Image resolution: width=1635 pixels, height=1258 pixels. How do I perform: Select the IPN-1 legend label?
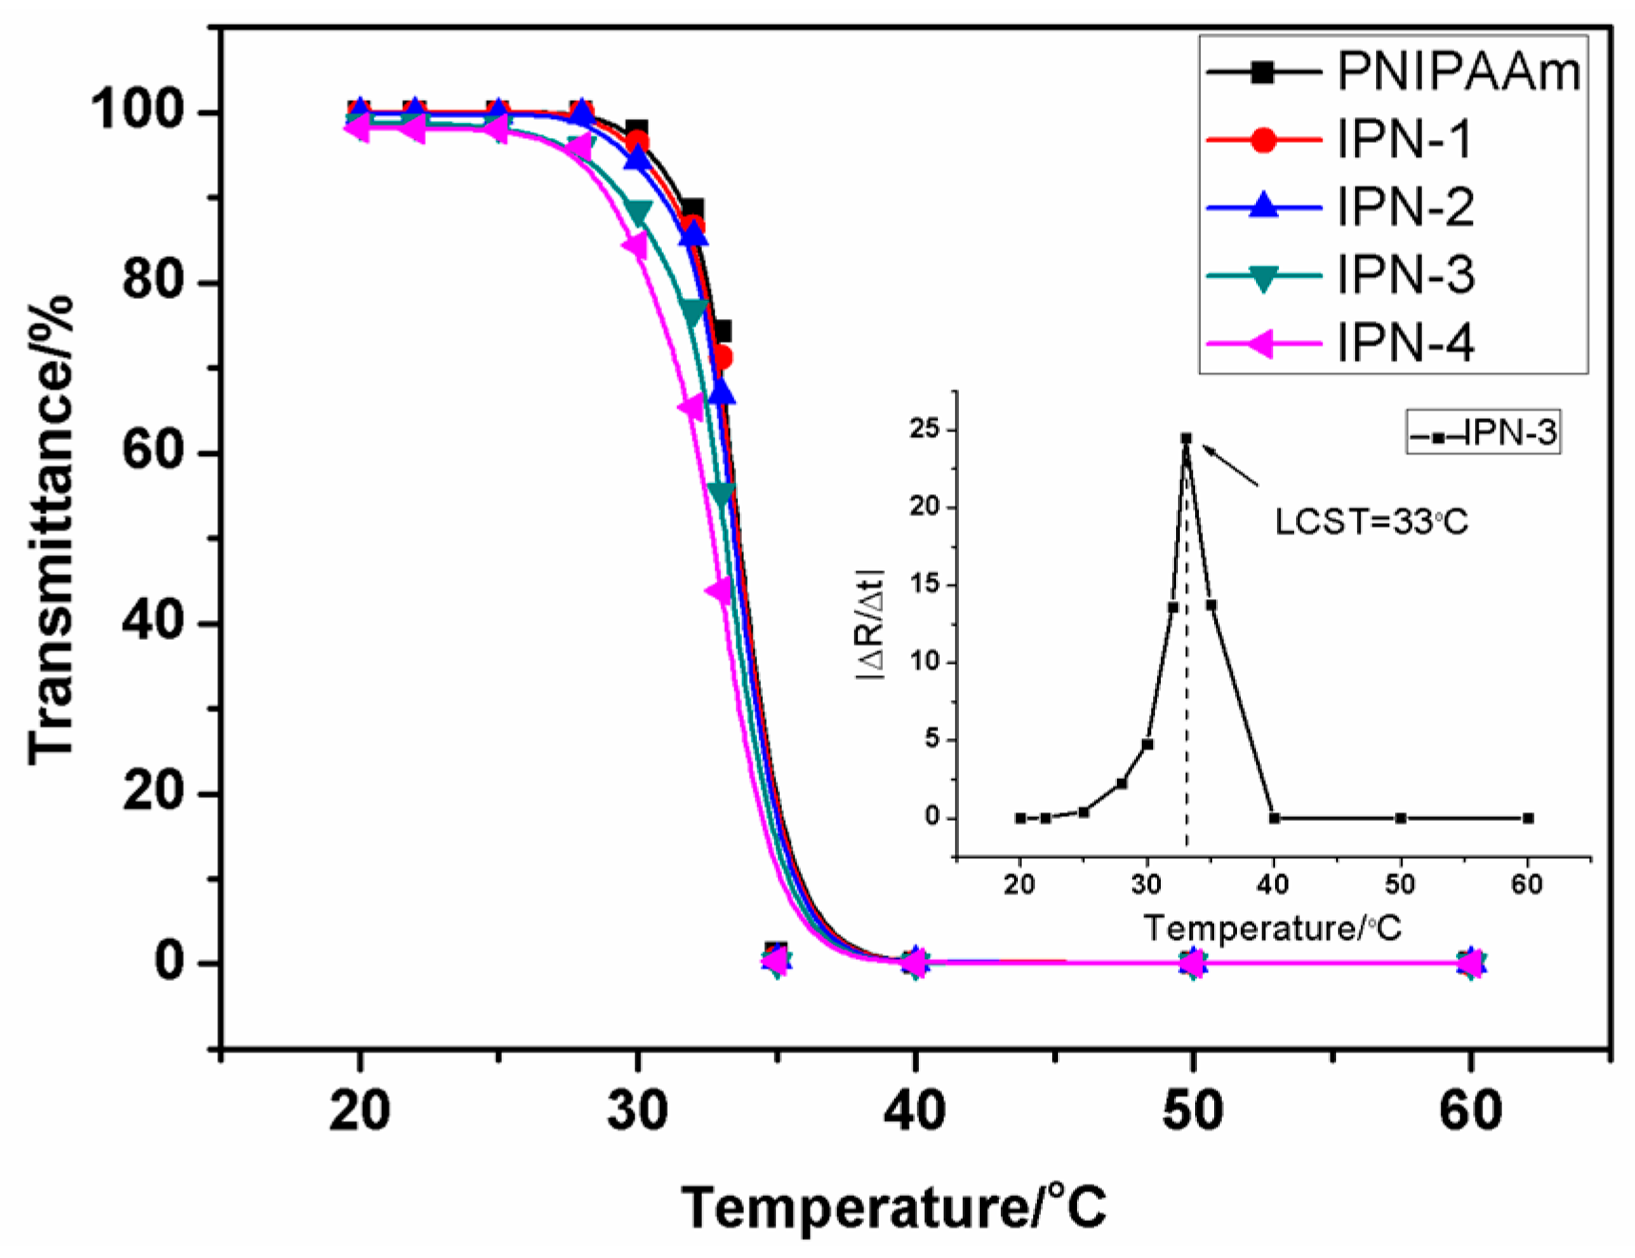(1404, 140)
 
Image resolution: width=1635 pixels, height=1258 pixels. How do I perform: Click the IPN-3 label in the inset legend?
(1509, 433)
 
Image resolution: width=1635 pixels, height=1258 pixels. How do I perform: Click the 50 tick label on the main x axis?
(1192, 1111)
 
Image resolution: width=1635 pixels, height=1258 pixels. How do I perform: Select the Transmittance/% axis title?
(50, 529)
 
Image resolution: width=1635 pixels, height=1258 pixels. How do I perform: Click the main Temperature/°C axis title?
(893, 1208)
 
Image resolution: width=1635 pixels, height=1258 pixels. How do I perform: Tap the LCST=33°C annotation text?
(1371, 522)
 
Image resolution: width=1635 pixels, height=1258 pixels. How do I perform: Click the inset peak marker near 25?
(1186, 439)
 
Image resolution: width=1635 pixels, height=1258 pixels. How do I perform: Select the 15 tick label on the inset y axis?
(924, 584)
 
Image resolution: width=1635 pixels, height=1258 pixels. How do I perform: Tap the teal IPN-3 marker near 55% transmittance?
(722, 493)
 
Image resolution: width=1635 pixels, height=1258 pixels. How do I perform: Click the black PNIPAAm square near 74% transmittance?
(721, 330)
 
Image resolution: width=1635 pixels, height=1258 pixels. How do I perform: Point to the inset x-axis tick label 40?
(1273, 885)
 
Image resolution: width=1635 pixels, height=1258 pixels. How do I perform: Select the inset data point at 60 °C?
(1527, 818)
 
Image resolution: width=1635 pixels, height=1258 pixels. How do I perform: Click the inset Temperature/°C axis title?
(1272, 928)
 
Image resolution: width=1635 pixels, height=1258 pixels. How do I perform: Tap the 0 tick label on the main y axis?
(169, 962)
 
